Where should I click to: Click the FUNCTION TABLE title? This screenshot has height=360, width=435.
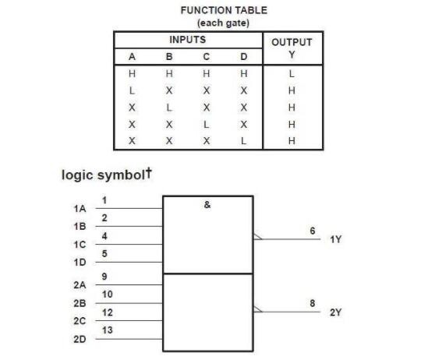tap(224, 11)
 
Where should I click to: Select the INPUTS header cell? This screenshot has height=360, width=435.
tap(188, 40)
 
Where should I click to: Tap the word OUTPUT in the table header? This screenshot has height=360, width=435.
tap(292, 42)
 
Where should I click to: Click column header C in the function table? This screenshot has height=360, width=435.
tap(206, 57)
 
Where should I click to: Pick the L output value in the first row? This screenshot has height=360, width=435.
tap(292, 74)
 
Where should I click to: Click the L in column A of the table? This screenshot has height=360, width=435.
tap(132, 90)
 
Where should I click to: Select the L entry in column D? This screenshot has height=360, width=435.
tap(243, 141)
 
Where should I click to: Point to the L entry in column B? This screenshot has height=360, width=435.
tap(169, 108)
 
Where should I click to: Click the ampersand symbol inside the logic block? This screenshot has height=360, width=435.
tap(207, 205)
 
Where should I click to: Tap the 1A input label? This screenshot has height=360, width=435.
tap(80, 209)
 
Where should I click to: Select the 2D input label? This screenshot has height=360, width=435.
tap(80, 339)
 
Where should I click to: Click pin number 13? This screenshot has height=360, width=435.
tap(108, 330)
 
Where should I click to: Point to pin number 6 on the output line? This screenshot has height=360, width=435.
tap(313, 231)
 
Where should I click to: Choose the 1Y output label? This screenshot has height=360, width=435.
tap(336, 239)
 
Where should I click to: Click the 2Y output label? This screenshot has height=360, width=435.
tap(336, 312)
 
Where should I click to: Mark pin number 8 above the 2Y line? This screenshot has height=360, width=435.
tap(313, 303)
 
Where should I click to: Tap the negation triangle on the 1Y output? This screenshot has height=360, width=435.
tap(257, 237)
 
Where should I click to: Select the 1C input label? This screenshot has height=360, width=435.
tap(80, 245)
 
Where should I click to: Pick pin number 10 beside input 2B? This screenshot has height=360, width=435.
tap(108, 294)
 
